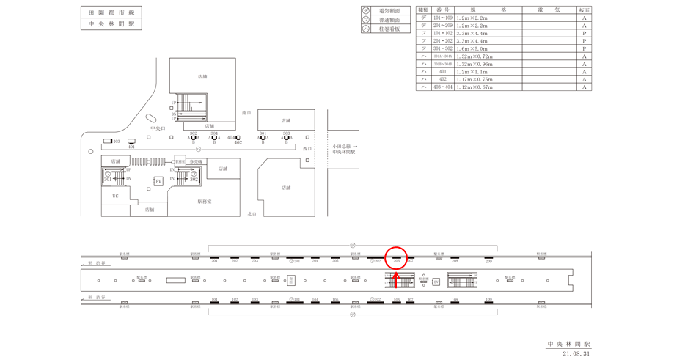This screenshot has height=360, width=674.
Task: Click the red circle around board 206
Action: tap(396, 258)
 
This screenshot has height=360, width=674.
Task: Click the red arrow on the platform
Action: tap(396, 279)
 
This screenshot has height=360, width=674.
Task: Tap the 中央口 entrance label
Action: tap(158, 128)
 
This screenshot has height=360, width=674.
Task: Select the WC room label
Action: tap(115, 196)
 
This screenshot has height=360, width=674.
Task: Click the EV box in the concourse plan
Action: tap(158, 181)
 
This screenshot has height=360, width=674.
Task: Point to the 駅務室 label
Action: tap(204, 201)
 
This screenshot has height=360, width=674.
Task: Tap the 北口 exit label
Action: tap(252, 214)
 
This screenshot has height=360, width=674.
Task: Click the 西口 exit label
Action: tap(307, 149)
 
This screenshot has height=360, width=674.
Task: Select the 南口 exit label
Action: tap(246, 113)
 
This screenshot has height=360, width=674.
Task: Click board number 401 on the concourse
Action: tap(131, 147)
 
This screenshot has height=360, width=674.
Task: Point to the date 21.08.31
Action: tap(576, 353)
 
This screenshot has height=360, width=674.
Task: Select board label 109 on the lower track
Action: tap(488, 300)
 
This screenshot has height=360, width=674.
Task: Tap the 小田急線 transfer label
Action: tap(345, 147)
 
